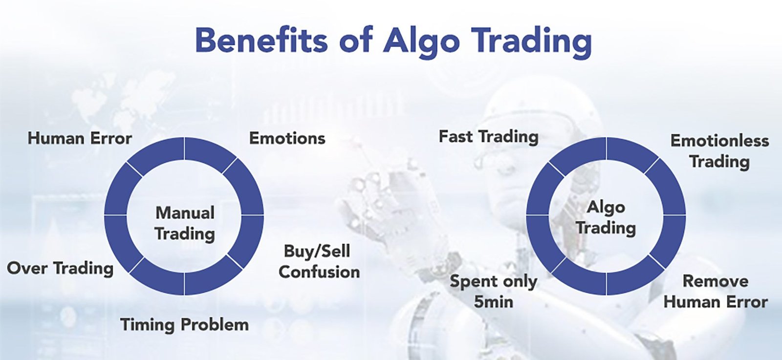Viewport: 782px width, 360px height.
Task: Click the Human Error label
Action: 80,139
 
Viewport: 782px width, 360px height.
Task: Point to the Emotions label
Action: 287,139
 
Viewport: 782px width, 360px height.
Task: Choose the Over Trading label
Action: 61,269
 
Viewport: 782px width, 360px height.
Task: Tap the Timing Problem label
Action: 185,325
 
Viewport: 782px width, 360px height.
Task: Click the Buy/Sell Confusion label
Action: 319,262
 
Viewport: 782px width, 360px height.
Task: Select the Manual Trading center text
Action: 185,223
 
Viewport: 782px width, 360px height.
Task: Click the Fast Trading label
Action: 488,137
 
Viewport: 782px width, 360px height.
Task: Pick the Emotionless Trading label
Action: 720,151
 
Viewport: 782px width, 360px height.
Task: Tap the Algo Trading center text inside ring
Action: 606,218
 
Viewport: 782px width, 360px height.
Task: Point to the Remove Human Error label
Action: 716,292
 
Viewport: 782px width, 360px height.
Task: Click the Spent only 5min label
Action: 493,292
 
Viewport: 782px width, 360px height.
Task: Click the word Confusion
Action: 319,272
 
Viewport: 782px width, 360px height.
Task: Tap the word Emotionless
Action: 720,141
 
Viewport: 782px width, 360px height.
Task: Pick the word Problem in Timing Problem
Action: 215,325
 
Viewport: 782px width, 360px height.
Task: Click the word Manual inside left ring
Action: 185,213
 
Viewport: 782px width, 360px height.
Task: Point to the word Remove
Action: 716,281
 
